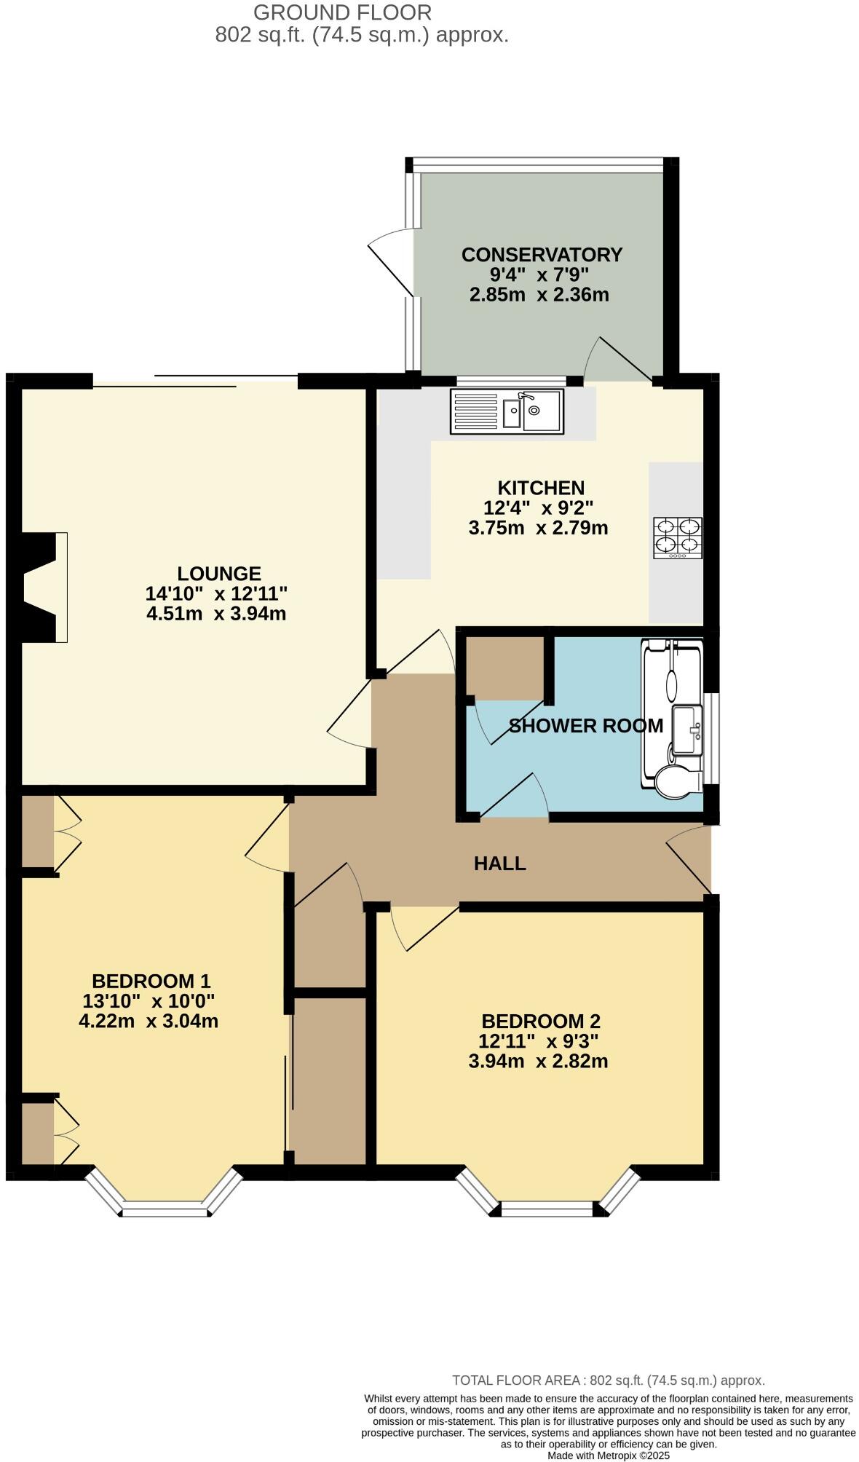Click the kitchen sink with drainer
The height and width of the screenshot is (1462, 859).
(x=507, y=411)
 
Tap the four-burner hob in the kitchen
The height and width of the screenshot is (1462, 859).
(x=678, y=537)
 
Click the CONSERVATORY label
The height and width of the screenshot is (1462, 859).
(x=542, y=255)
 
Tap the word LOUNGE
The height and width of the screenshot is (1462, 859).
(x=219, y=574)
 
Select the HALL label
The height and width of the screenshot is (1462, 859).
(x=499, y=864)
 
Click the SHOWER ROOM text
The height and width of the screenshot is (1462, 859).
(x=585, y=726)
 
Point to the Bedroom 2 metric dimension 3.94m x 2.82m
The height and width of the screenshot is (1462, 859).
(x=538, y=1061)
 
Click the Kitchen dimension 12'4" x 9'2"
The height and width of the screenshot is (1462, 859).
(x=539, y=507)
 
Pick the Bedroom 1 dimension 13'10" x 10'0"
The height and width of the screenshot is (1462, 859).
(x=149, y=1001)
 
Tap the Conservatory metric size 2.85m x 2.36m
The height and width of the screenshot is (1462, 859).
(x=539, y=295)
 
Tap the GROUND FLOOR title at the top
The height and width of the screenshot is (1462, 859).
(x=342, y=12)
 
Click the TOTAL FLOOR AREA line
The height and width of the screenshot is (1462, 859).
(x=608, y=1380)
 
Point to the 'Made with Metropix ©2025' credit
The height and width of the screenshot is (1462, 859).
(x=608, y=1455)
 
